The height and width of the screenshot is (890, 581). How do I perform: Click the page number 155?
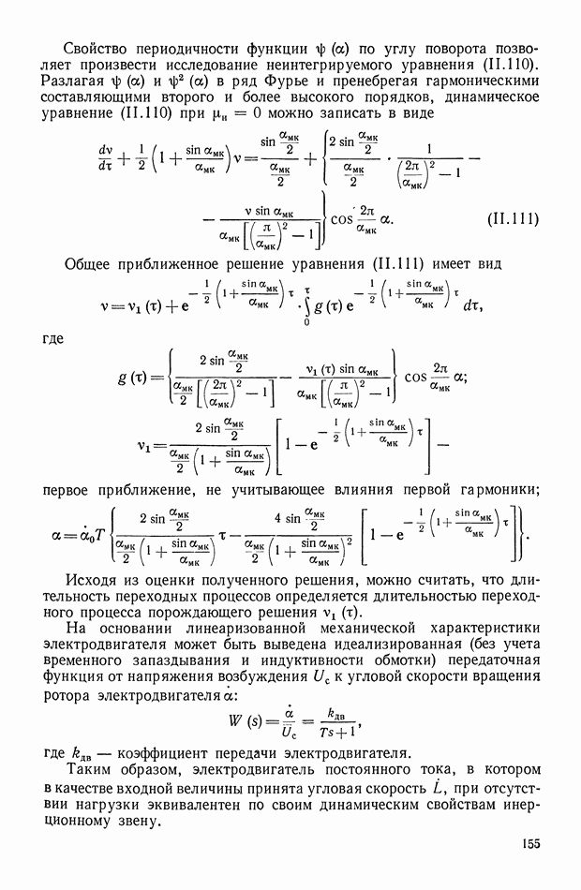click(x=531, y=846)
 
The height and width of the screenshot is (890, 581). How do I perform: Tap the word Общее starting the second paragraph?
click(x=93, y=265)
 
